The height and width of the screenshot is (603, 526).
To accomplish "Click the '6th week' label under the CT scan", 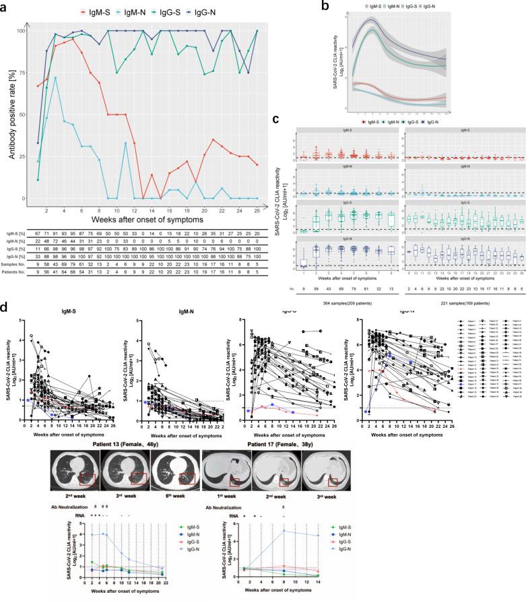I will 180,495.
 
